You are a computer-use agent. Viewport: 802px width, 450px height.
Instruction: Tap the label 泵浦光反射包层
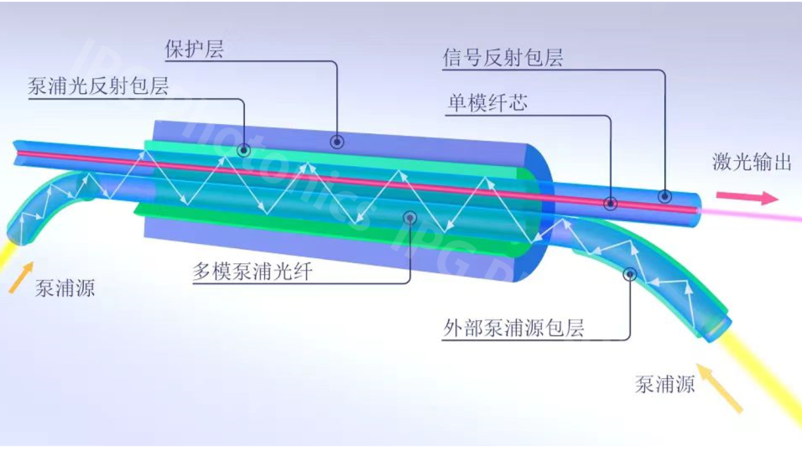coord(99,86)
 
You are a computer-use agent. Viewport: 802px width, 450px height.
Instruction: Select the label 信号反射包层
coord(503,58)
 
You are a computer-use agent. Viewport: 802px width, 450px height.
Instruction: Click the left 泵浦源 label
coord(65,289)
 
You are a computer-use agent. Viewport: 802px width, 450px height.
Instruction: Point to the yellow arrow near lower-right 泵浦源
coord(721,389)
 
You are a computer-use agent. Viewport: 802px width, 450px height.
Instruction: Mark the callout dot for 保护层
coord(337,141)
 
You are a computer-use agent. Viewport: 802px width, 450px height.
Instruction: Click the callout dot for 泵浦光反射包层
coord(244,151)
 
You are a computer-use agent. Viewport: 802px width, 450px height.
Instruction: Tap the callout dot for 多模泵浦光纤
coord(410,218)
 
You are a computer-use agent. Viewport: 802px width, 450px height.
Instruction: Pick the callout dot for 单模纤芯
coord(611,203)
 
